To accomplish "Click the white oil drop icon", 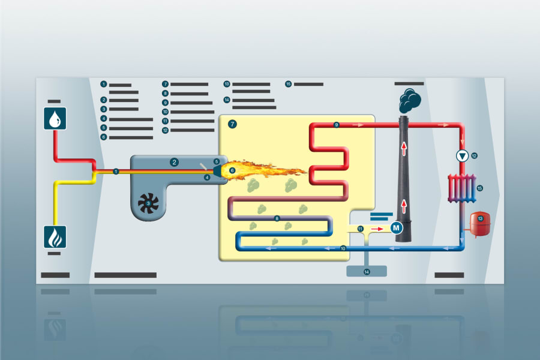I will (x=55, y=118).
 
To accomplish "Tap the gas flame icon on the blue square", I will (x=55, y=236).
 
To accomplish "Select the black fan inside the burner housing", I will (x=147, y=203).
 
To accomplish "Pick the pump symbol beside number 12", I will (x=462, y=156).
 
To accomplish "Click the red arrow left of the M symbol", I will (x=376, y=229).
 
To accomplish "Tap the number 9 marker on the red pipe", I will (x=337, y=125).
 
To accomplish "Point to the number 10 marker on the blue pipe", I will (x=343, y=248).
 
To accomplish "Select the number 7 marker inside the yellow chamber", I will (x=233, y=124).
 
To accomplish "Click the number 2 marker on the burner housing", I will (x=174, y=161).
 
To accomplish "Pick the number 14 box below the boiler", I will (x=367, y=271).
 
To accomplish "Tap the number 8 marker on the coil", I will (x=277, y=218).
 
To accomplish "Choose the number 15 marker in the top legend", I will (x=289, y=84).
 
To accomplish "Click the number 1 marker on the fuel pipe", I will (x=116, y=172).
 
